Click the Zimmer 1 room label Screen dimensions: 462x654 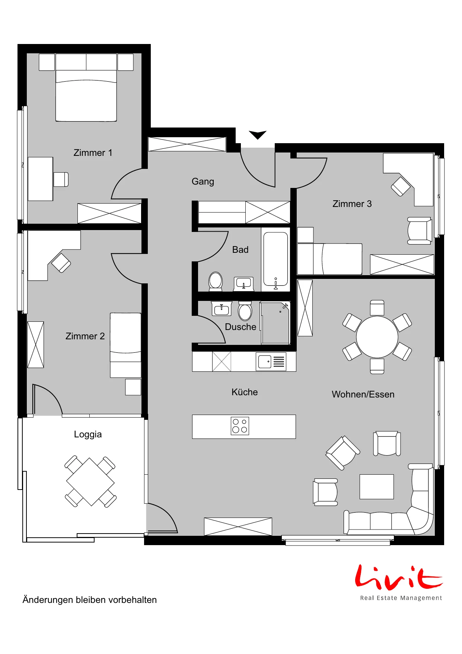pyautogui.click(x=93, y=153)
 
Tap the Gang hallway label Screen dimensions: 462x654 pyautogui.click(x=203, y=182)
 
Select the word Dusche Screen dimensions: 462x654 pyautogui.click(x=240, y=327)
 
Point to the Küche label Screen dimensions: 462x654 pyautogui.click(x=245, y=392)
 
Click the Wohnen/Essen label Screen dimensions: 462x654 pyautogui.click(x=363, y=394)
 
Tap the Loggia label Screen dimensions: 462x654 pyautogui.click(x=88, y=434)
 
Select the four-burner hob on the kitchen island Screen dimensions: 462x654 pyautogui.click(x=240, y=426)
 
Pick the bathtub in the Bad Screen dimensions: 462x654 pyautogui.click(x=275, y=260)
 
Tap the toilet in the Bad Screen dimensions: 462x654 pyautogui.click(x=216, y=282)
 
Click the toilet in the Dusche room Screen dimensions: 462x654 pyautogui.click(x=245, y=311)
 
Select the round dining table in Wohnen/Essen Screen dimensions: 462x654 pyautogui.click(x=377, y=337)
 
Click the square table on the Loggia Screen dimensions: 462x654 pyautogui.click(x=90, y=482)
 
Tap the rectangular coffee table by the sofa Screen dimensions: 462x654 pyautogui.click(x=377, y=487)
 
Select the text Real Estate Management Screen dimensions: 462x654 pyautogui.click(x=401, y=598)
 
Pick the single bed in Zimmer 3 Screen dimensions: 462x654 pyautogui.click(x=329, y=259)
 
